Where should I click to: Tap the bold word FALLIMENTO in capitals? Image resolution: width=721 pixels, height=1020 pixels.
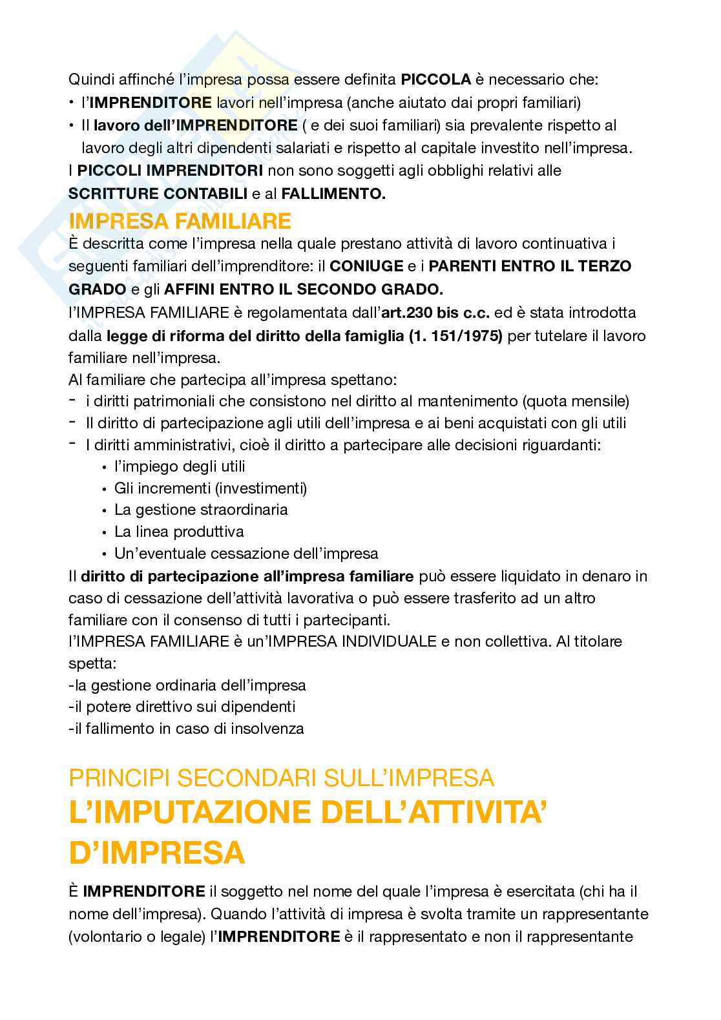tap(333, 194)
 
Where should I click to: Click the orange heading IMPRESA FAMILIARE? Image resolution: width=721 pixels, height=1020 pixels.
tap(180, 221)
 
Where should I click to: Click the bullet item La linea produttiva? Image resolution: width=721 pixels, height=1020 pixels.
tap(179, 532)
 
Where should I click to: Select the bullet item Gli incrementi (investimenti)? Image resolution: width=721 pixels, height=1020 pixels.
tap(211, 488)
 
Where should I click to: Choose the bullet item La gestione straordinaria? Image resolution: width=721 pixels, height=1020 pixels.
tap(201, 510)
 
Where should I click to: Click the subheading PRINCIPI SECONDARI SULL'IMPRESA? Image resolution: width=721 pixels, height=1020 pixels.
tap(282, 777)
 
